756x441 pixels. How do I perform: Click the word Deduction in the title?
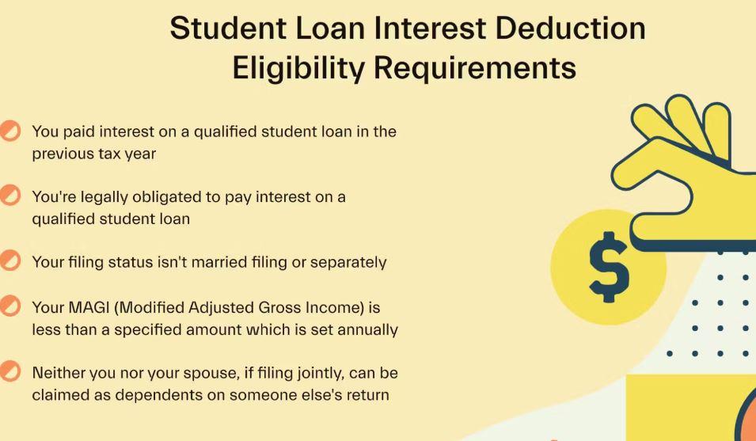[571, 28]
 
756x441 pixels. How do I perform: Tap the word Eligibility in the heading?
[298, 68]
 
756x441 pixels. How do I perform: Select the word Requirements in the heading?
[475, 68]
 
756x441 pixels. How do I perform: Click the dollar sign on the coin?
[609, 267]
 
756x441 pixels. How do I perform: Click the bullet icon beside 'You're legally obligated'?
[9, 196]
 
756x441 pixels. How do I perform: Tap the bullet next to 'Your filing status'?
[9, 260]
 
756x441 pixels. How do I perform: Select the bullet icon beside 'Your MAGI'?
[9, 306]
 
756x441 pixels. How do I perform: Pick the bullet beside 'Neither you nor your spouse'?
[9, 371]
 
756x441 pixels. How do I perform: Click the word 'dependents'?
[158, 395]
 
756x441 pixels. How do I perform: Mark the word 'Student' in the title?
[228, 28]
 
